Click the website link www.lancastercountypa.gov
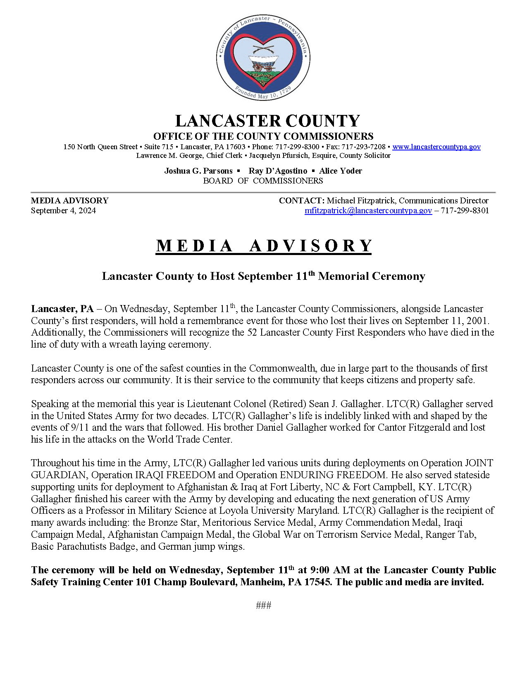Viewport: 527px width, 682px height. (436, 147)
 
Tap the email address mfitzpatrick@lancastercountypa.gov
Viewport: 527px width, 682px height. (368, 210)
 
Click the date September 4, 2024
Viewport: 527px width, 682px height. (63, 210)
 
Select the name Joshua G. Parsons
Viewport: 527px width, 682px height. (198, 171)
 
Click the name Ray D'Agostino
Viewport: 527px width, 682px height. (278, 171)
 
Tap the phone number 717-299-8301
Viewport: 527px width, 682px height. (465, 210)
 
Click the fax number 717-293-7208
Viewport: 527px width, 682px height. (363, 147)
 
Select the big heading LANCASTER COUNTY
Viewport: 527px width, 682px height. (267, 121)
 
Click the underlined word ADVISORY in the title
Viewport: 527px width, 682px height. (310, 246)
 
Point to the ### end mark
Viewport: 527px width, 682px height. (263, 606)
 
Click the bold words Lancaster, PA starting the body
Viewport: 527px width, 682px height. (62, 309)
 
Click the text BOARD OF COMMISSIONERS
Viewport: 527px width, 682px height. (263, 181)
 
